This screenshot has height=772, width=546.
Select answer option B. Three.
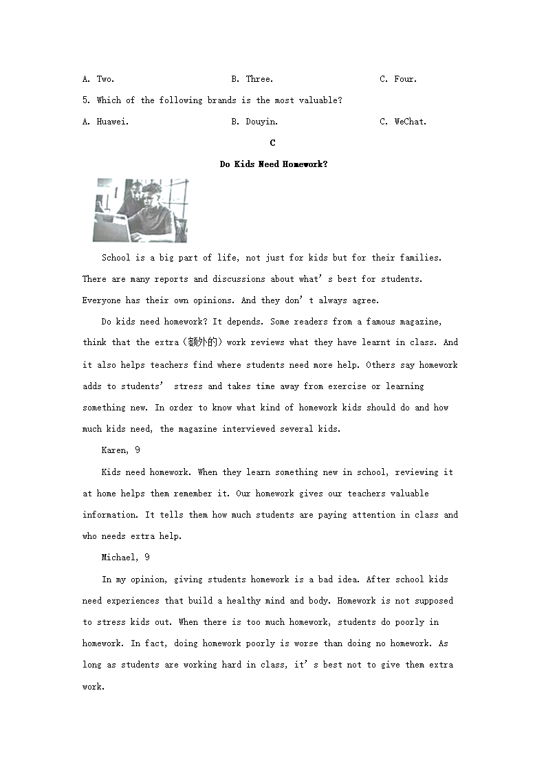pos(252,79)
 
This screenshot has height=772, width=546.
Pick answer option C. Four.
pos(399,79)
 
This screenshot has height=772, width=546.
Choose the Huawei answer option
pos(105,122)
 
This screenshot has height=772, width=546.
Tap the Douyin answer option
pos(254,122)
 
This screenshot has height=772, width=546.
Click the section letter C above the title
pos(273,143)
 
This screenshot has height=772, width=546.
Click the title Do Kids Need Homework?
pos(274,164)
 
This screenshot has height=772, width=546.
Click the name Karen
pos(114,450)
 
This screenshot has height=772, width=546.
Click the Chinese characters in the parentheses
pos(206,342)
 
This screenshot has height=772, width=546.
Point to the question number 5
pos(86,100)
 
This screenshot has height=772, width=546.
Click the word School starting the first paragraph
pos(116,258)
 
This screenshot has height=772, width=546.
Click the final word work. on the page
pos(94,686)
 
